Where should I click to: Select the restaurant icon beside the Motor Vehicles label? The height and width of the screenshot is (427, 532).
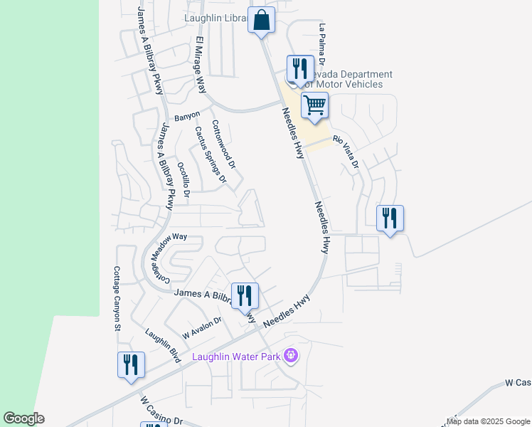coord(299,69)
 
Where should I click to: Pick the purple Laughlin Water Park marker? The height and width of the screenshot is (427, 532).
coord(289,354)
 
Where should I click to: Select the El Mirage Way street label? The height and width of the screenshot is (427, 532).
coord(201,65)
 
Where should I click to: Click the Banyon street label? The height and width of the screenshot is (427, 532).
coord(187,116)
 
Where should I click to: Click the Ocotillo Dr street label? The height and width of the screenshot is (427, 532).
coord(183,179)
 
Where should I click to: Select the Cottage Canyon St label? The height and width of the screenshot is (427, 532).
coord(117,299)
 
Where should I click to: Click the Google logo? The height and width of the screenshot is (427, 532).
coord(23,418)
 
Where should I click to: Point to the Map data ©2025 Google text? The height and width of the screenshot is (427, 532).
coord(488,421)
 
